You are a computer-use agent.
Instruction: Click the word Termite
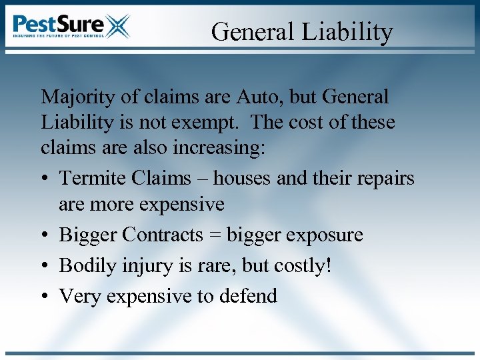[93, 179]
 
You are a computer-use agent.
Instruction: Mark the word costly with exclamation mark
[304, 265]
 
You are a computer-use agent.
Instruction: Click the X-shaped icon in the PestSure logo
[117, 27]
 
